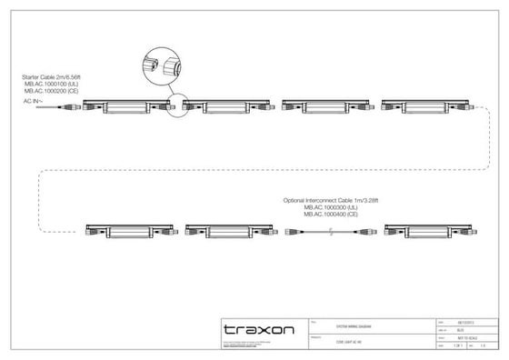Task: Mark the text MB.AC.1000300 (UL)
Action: [333, 205]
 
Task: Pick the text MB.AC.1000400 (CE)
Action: [333, 213]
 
